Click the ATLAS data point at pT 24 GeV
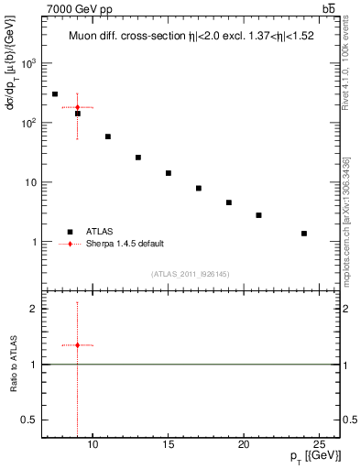tap(304, 234)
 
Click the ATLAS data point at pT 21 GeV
tap(258, 215)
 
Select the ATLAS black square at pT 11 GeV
tap(108, 136)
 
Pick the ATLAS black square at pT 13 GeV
tap(138, 158)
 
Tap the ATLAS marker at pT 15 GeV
tap(169, 173)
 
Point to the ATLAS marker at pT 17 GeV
tap(199, 189)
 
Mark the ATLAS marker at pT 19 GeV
tap(229, 202)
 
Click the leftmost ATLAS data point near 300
tap(55, 94)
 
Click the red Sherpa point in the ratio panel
tap(78, 345)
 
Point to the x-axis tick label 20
tap(244, 446)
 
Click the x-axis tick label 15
tap(169, 446)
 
